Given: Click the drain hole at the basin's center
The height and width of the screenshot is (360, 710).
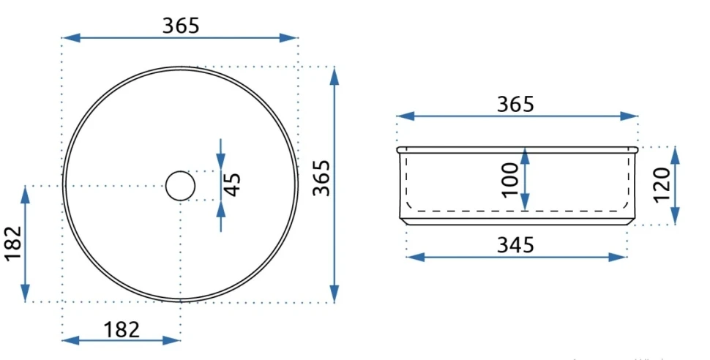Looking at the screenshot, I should pos(180,186).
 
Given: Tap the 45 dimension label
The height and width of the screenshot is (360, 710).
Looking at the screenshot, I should pos(233,184).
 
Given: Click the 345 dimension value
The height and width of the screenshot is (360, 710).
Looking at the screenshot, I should pos(515,244).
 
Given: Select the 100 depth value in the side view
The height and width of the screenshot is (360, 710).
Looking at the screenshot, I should pos(510,178).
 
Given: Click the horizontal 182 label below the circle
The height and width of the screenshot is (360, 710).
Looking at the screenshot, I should pos(122,329).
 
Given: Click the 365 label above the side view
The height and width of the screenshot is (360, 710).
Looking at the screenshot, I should pos(515,105).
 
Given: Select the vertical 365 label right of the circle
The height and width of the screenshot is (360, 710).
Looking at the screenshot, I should pos(321,178).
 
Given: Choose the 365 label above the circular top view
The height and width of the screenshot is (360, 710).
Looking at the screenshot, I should pos(180,26).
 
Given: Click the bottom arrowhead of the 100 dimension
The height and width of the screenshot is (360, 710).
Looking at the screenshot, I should pos(525,203).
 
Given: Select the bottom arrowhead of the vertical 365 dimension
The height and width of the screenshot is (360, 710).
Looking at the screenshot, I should pos(335,293).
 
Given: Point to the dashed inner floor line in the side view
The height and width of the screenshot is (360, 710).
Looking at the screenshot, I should pos(468,210).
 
